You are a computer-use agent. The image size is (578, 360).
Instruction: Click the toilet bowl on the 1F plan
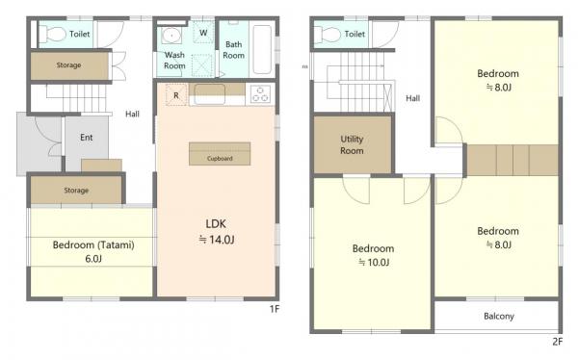click(x=52, y=34)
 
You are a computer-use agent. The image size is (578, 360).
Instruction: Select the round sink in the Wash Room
click(x=171, y=36)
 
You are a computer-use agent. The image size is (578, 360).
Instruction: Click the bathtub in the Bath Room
click(x=262, y=49)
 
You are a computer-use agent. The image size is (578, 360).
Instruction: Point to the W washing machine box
click(x=203, y=33)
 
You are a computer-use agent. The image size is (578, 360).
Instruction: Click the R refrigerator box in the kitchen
click(x=176, y=95)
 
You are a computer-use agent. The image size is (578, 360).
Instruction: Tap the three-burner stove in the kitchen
click(x=260, y=94)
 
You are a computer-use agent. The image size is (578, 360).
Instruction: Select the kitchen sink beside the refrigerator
click(x=209, y=94)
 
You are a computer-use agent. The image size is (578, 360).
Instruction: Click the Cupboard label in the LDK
click(x=220, y=159)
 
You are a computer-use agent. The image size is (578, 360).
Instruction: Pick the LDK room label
click(x=216, y=223)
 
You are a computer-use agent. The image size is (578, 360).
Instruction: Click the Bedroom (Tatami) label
click(x=93, y=245)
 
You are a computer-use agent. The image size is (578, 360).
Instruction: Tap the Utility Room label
click(x=352, y=144)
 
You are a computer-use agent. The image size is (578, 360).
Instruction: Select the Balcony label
click(x=499, y=316)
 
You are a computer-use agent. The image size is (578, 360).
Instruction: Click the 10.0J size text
click(x=374, y=263)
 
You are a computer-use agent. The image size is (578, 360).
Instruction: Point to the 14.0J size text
click(x=217, y=240)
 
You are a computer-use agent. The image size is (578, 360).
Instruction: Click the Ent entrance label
click(x=87, y=138)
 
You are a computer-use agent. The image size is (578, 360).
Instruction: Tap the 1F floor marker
click(x=275, y=309)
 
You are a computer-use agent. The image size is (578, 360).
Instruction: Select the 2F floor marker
click(x=558, y=342)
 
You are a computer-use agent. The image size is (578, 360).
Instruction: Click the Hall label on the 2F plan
click(x=413, y=98)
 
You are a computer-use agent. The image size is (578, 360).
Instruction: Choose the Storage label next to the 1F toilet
click(x=68, y=65)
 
